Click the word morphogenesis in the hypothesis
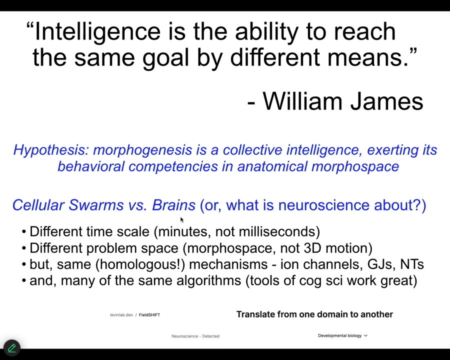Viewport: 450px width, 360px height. (x=142, y=150)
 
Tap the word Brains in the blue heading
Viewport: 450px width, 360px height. (x=173, y=205)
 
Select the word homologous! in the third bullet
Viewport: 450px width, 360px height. (x=140, y=264)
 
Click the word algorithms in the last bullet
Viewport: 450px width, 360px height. (x=208, y=281)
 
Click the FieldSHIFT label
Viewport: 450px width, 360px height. (x=149, y=315)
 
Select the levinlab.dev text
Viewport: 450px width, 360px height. (x=121, y=315)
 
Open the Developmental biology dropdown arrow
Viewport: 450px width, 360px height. (x=365, y=335)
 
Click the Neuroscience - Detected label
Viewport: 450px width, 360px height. (x=195, y=336)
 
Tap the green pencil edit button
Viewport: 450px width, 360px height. (x=12, y=348)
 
